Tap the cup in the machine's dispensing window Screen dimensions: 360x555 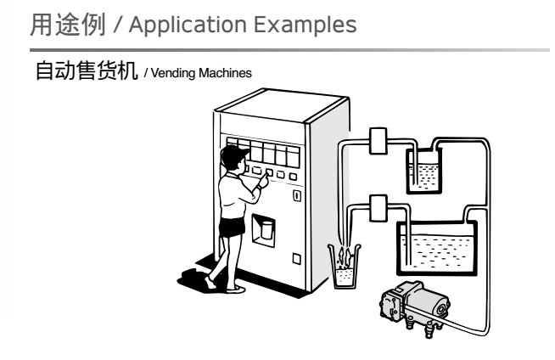pos(266,228)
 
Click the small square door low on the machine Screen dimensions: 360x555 pos(296,257)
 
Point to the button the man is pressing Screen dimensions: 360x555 pos(269,174)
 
